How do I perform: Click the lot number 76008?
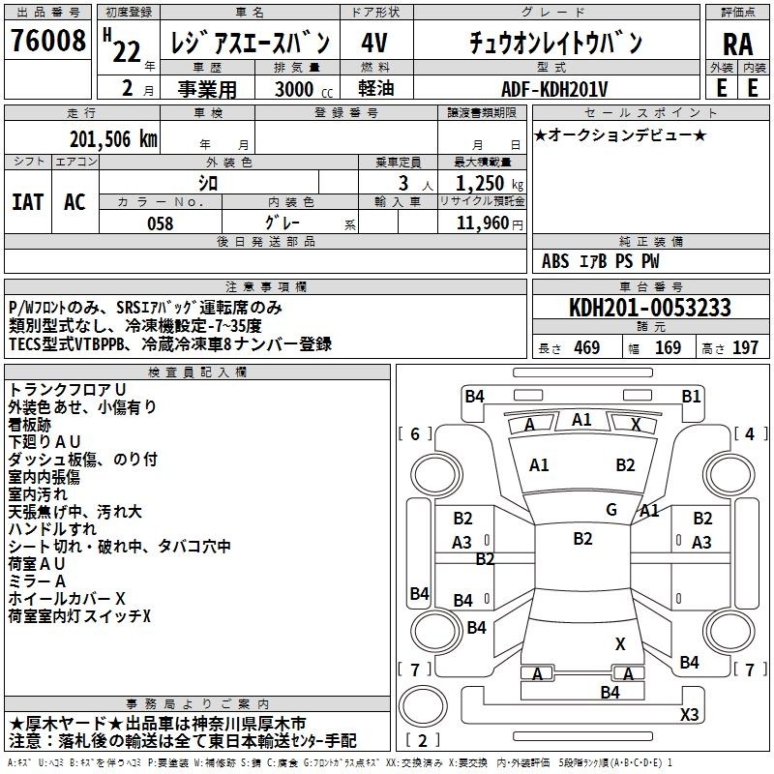coord(48,40)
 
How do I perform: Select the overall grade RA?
coord(738,45)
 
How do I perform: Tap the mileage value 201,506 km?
coord(113,139)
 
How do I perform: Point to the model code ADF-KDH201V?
coord(554,89)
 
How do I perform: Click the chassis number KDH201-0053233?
coord(650,308)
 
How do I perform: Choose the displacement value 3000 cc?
coord(304,89)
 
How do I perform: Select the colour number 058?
coord(161,223)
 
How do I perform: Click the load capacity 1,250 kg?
coord(490,183)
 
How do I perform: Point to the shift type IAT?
coord(28,202)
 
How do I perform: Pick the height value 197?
coord(745,347)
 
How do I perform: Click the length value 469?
coord(587,347)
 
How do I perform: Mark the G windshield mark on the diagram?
coord(611,509)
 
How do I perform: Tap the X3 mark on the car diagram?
coord(689,714)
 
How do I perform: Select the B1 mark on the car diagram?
coord(691,397)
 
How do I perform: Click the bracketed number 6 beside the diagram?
coord(415,433)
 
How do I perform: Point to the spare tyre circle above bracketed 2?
coord(423,705)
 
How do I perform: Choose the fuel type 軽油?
coord(376,88)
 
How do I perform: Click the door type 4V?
coord(374,43)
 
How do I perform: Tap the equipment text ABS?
coord(555,261)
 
